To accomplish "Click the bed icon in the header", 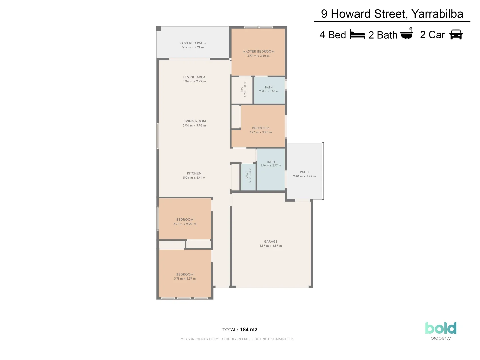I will [357, 35].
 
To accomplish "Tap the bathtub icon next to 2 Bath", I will [406, 34].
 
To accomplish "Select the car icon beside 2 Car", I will [456, 35].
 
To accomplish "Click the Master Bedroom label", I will [258, 52].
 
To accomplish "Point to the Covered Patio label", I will [193, 43].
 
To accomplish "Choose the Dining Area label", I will [194, 77].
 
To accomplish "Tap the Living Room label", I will [194, 121].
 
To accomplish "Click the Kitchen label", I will [194, 173].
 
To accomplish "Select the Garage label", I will [270, 242].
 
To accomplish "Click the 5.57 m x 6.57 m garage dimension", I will [270, 246].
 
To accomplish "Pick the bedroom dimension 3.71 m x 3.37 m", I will [185, 279].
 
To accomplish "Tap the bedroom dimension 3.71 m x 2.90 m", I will [185, 224].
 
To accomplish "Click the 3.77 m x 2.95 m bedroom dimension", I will [260, 132].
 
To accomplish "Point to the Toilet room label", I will [247, 175].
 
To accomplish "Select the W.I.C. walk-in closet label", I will [242, 90].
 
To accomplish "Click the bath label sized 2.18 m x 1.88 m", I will [269, 87].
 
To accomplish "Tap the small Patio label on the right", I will [304, 172].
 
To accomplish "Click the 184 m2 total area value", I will [248, 330].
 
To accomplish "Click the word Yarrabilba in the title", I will [437, 14].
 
